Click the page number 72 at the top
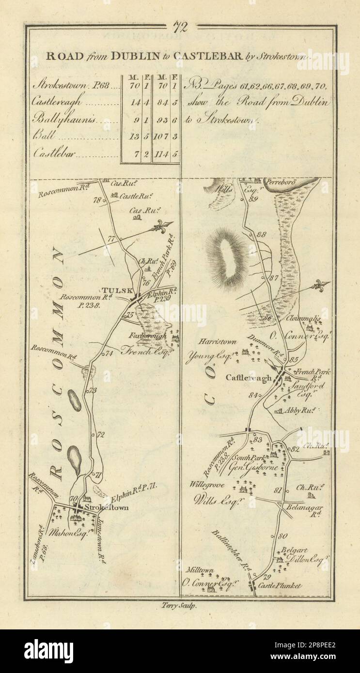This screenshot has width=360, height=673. coord(180,27)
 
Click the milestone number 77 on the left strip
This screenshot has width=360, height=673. coord(112,238)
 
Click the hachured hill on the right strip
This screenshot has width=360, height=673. coord(226,253)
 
